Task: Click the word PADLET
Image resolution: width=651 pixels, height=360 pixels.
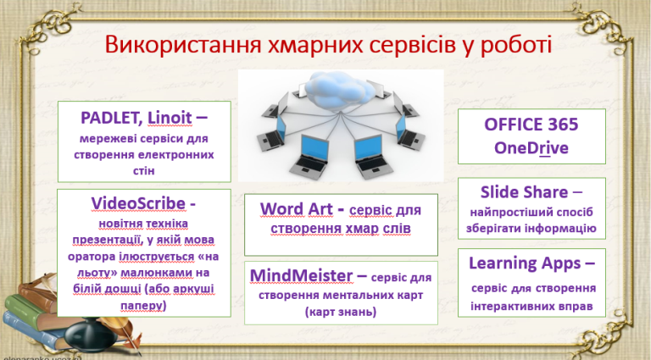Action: [111, 118]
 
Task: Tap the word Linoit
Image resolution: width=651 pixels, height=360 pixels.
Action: [170, 118]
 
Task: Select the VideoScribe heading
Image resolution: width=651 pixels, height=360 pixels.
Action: [138, 203]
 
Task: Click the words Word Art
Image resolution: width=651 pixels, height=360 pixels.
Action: [297, 209]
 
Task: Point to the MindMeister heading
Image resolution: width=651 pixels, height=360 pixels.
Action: [302, 275]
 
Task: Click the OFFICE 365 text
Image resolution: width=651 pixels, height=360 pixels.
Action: [531, 125]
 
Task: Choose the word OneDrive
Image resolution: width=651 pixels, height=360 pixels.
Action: [531, 148]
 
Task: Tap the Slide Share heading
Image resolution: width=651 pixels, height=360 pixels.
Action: [524, 192]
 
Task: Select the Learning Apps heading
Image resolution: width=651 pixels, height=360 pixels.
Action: [525, 263]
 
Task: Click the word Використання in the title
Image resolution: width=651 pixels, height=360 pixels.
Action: [183, 45]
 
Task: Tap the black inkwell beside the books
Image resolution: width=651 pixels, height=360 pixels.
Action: [88, 335]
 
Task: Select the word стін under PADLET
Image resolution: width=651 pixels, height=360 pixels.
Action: [143, 170]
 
